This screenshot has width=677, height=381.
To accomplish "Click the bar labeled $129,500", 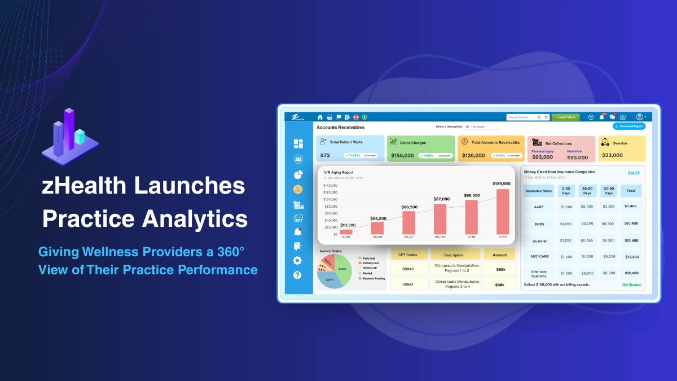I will point(502,211).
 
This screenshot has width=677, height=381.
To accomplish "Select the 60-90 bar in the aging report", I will point(409,222).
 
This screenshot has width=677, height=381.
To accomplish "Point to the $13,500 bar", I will point(346,231).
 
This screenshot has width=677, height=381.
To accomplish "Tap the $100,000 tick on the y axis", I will point(330,199).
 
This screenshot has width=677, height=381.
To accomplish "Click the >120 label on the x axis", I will point(471,238).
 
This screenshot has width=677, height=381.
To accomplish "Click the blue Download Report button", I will point(628,126).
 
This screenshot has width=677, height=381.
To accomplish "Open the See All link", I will point(634,173).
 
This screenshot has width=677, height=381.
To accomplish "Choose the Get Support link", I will point(631,284).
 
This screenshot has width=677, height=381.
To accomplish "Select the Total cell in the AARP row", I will point(630,207).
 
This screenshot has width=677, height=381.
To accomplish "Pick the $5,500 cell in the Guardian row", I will point(587,240).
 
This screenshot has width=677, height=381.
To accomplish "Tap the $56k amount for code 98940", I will point(499,270).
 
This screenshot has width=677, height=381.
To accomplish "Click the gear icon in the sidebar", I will point(297,261).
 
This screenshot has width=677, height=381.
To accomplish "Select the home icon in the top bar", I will point(320,117).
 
